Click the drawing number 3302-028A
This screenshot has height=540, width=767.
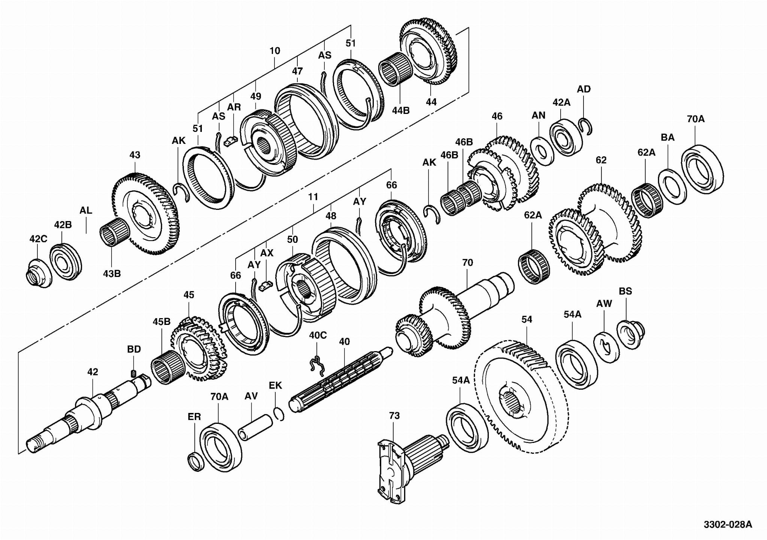coord(727,524)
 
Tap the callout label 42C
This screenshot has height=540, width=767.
coord(38,239)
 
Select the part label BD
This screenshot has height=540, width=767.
coord(134,349)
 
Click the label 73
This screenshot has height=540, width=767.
coord(394,416)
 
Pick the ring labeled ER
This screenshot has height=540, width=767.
coord(196,461)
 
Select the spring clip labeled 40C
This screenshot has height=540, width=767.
coord(317,365)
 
